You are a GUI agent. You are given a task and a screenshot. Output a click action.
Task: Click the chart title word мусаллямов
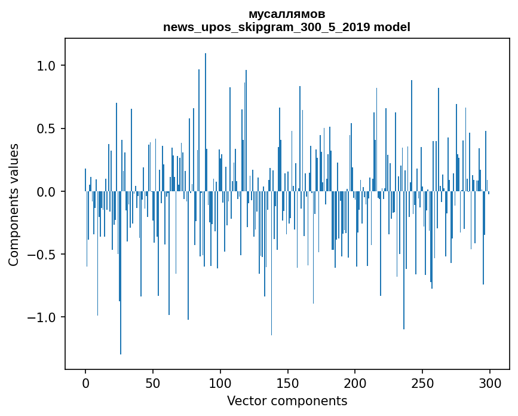point(287,14)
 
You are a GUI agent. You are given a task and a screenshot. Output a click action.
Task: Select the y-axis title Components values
point(14,204)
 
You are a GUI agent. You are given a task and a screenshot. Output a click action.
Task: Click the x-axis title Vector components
point(287,401)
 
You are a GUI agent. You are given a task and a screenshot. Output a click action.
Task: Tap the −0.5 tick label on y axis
point(44,255)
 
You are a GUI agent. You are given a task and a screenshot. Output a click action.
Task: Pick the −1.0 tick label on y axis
point(44,317)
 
